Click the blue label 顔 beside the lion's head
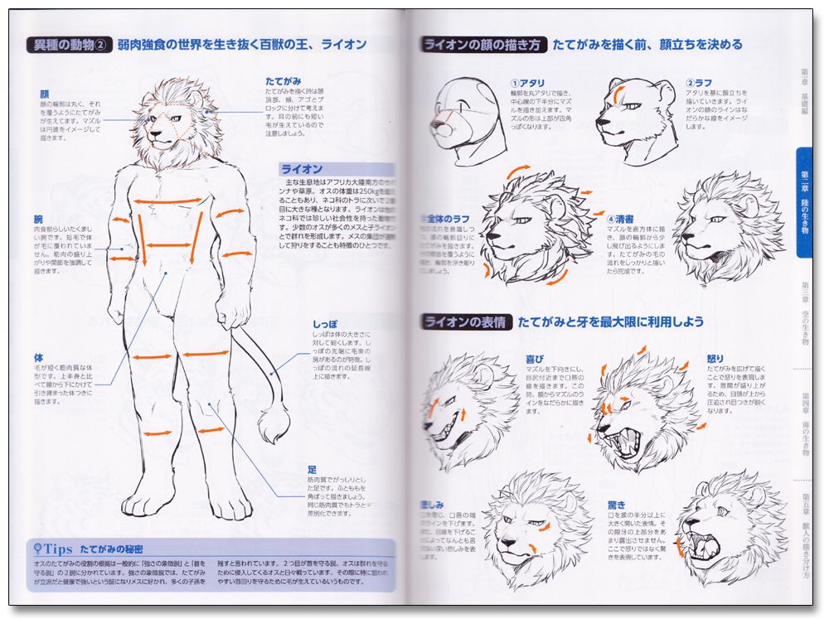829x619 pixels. pos(44,94)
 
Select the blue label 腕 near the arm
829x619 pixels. pos(38,220)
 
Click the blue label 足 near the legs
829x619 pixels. pos(312,470)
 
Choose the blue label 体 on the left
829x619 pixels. pos(38,358)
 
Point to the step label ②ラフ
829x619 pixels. pos(699,83)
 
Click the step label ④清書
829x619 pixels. pos(618,219)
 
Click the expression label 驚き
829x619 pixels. pos(618,504)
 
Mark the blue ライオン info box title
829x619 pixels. pos(302,169)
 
